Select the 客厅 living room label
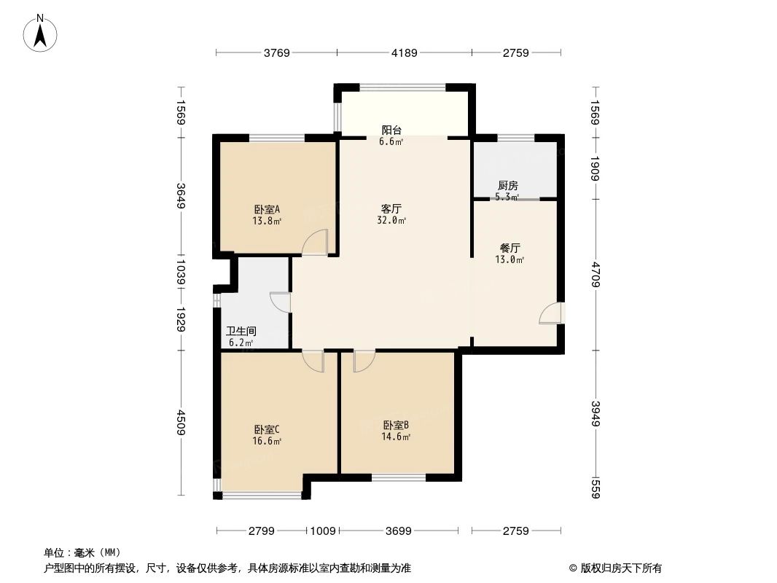pyautogui.click(x=393, y=208)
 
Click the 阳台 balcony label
pyautogui.click(x=391, y=130)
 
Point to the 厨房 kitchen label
pyautogui.click(x=507, y=185)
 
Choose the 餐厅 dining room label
pyautogui.click(x=509, y=247)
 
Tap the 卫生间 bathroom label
pyautogui.click(x=241, y=331)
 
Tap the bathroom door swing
pyautogui.click(x=280, y=302)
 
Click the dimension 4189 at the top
pyautogui.click(x=404, y=52)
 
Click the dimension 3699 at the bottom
pyautogui.click(x=399, y=531)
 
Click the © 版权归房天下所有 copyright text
pyautogui.click(x=616, y=568)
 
